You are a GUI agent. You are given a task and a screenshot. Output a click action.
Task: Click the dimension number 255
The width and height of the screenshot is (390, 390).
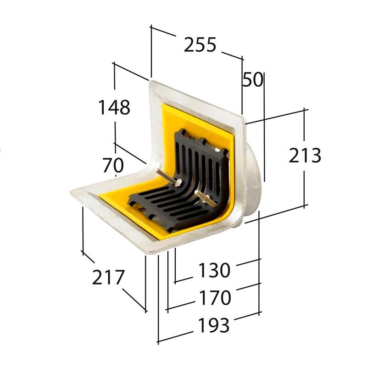click(x=200, y=45)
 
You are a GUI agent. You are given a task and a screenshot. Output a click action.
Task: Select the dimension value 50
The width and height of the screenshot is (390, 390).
click(x=252, y=80)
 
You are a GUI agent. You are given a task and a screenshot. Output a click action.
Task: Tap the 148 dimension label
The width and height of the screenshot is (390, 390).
click(x=114, y=107)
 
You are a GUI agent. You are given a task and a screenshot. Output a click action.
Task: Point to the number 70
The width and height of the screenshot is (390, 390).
click(x=113, y=165)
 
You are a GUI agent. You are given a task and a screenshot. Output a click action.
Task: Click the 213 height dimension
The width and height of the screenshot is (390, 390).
click(x=305, y=156)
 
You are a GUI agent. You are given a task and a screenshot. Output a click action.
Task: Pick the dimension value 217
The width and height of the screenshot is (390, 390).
click(x=108, y=278)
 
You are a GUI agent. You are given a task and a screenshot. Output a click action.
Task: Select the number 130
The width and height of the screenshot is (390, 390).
click(x=214, y=271)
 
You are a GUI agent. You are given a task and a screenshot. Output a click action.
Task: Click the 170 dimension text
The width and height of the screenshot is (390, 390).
click(x=214, y=298)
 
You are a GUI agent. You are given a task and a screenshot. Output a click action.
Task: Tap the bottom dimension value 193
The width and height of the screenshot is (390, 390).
click(x=213, y=326)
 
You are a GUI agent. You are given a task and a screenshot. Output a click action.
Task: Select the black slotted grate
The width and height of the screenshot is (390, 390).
click(x=184, y=193)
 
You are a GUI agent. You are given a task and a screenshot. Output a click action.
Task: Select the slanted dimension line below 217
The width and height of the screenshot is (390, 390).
click(x=134, y=301)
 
